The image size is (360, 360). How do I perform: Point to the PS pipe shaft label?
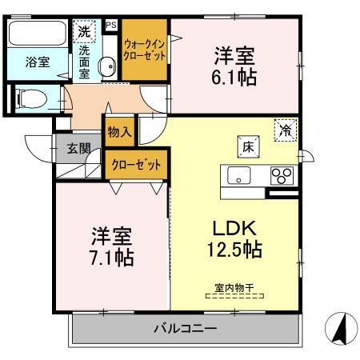tap(110, 25)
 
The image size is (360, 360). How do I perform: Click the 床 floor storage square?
tap(248, 146)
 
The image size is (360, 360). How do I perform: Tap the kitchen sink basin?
tap(239, 175)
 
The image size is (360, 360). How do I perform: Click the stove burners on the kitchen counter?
tap(280, 174)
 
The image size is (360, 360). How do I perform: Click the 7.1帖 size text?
tap(110, 258)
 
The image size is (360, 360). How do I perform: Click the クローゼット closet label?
tap(136, 164)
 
